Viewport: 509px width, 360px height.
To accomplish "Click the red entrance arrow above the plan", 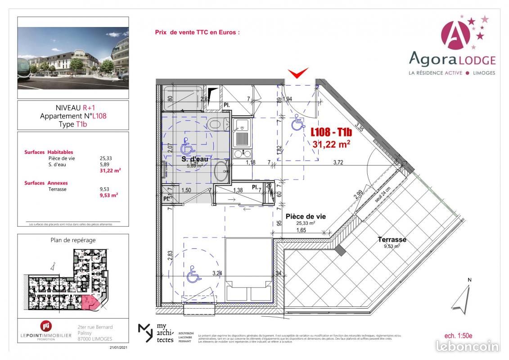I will (298, 72).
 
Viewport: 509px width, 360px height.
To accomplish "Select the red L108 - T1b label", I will (330, 132).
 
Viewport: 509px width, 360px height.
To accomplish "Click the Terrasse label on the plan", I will (392, 240).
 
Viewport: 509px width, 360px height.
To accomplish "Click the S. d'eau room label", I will (195, 159).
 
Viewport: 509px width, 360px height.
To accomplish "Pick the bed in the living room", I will (249, 270).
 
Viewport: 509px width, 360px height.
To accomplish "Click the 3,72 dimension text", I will (338, 163).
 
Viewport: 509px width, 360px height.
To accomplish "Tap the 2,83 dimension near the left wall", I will (170, 256).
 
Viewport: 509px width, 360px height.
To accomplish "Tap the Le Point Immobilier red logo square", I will (46, 326).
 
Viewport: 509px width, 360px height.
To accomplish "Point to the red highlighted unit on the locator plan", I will (91, 303).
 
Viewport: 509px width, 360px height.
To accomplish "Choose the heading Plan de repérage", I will (73, 240).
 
